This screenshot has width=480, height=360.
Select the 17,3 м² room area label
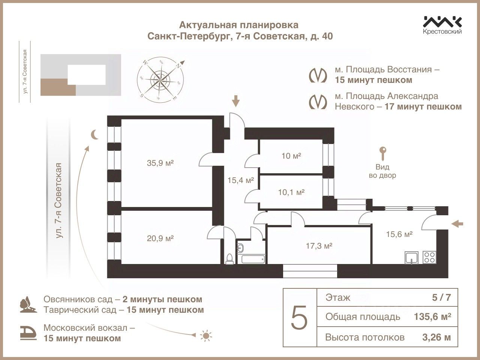pyautogui.click(x=318, y=246)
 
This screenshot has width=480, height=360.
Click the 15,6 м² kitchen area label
pyautogui.click(x=399, y=234)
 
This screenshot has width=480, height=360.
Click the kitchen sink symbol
pyautogui.click(x=412, y=258)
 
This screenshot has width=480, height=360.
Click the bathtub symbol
pyautogui.click(x=253, y=259)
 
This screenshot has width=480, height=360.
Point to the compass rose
pyautogui.click(x=160, y=80)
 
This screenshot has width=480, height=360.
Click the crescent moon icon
pyautogui.click(x=95, y=134)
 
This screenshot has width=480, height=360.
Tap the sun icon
pyautogui.click(x=205, y=335)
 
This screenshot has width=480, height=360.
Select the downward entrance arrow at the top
pyautogui.click(x=235, y=101)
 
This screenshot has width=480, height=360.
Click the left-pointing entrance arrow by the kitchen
pyautogui.click(x=457, y=224)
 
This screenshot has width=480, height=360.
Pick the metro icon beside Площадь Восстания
pyautogui.click(x=317, y=75)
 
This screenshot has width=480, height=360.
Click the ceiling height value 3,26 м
pyautogui.click(x=436, y=337)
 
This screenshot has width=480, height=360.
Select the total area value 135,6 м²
pyautogui.click(x=432, y=317)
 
